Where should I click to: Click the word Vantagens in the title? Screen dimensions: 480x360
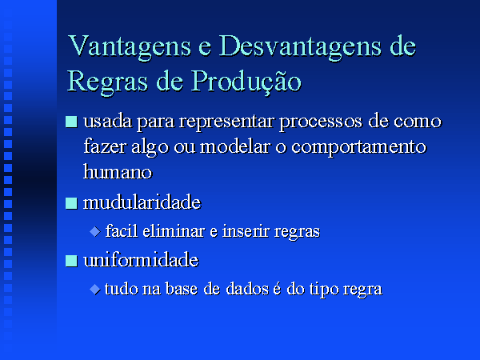point(130,47)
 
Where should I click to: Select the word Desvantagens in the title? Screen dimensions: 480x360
point(301,46)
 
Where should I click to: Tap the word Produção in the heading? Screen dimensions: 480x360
point(246,82)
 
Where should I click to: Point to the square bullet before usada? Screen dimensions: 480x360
point(71,122)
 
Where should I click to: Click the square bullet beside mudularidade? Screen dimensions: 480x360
point(71,203)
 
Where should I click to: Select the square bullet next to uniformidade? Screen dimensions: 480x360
point(71,261)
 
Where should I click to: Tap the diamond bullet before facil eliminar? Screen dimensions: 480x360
point(95,231)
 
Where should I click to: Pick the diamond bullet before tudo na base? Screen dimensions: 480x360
point(95,289)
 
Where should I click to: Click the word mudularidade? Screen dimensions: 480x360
point(142,202)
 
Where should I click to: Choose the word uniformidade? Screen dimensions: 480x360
point(141,260)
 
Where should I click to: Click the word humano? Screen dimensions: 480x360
point(118,172)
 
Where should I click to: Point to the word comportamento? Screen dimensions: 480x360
point(358,147)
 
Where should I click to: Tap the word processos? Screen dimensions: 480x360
point(321,122)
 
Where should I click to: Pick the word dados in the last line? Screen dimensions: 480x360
point(247,289)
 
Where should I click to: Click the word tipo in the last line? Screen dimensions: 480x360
point(323,290)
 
